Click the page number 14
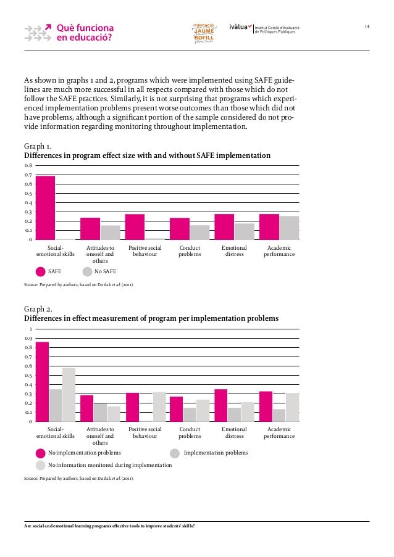pyautogui.click(x=367, y=26)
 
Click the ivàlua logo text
pyautogui.click(x=240, y=27)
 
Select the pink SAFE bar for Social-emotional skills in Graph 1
pyautogui.click(x=45, y=208)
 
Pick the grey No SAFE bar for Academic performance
pyautogui.click(x=288, y=228)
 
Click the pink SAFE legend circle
pyautogui.click(x=41, y=271)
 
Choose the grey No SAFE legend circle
pyautogui.click(x=87, y=271)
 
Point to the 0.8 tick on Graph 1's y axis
pyautogui.click(x=28, y=166)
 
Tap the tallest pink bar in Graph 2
pyautogui.click(x=42, y=382)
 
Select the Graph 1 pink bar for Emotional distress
pyautogui.click(x=224, y=226)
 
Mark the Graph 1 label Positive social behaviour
pyautogui.click(x=145, y=251)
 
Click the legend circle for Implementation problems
pyautogui.click(x=175, y=453)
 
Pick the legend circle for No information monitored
pyautogui.click(x=41, y=464)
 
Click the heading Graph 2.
pyautogui.click(x=37, y=309)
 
